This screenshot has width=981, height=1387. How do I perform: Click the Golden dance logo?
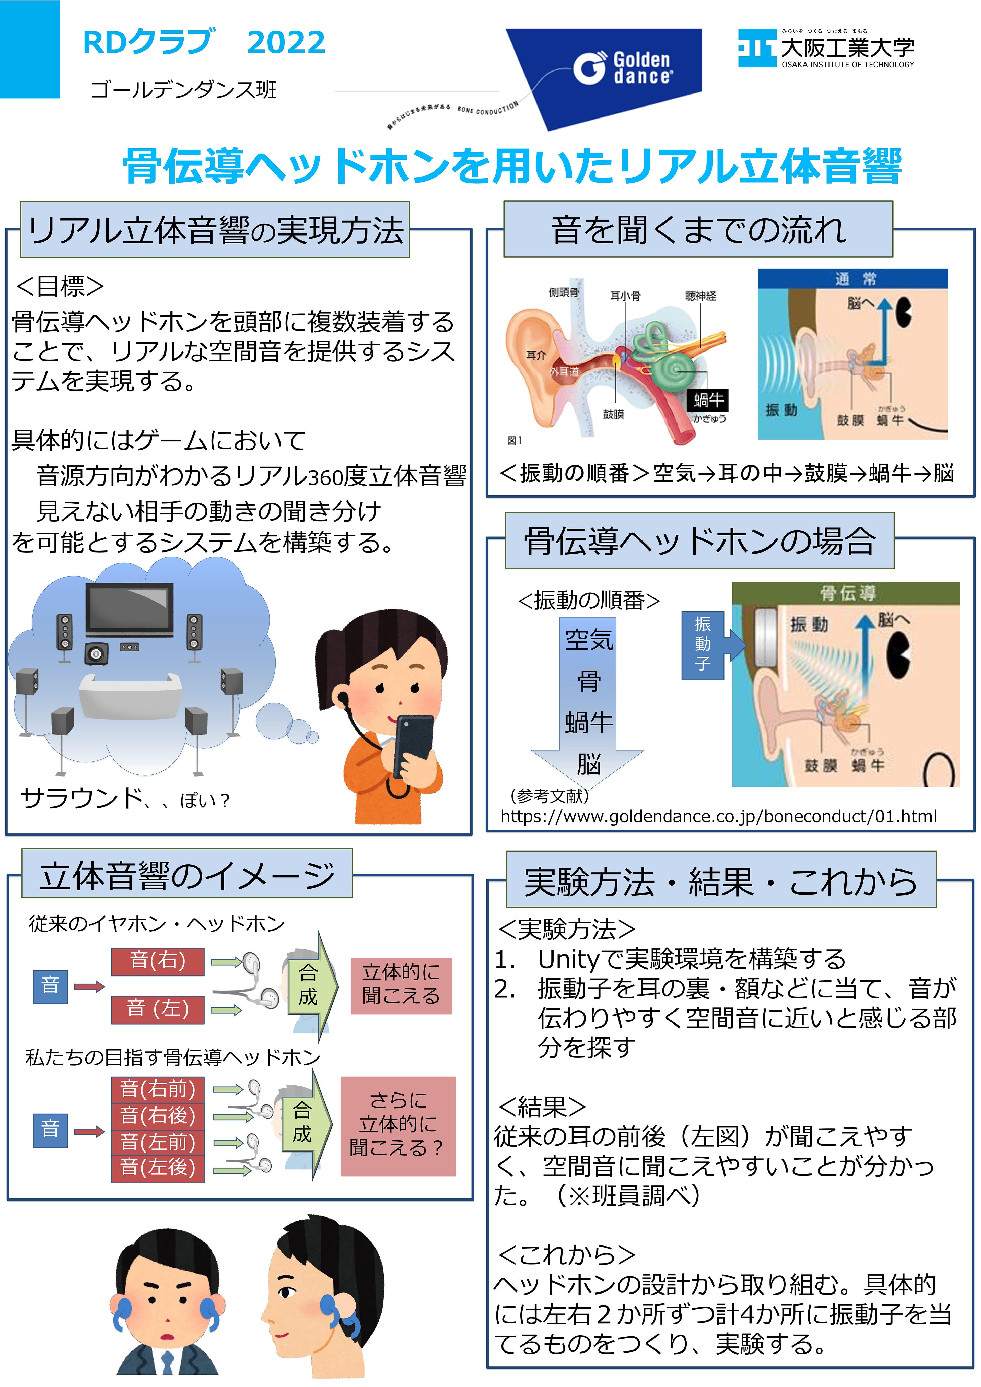point(622,68)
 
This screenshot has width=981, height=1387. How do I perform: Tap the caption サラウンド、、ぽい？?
point(125,799)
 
